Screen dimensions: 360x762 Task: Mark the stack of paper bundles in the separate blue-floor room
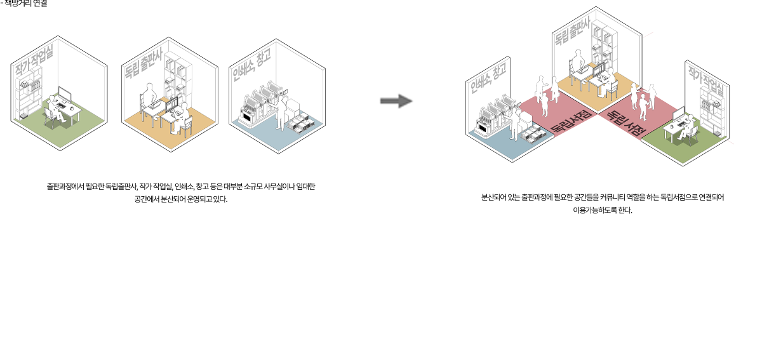301,124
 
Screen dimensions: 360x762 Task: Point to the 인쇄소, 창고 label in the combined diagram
488,79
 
